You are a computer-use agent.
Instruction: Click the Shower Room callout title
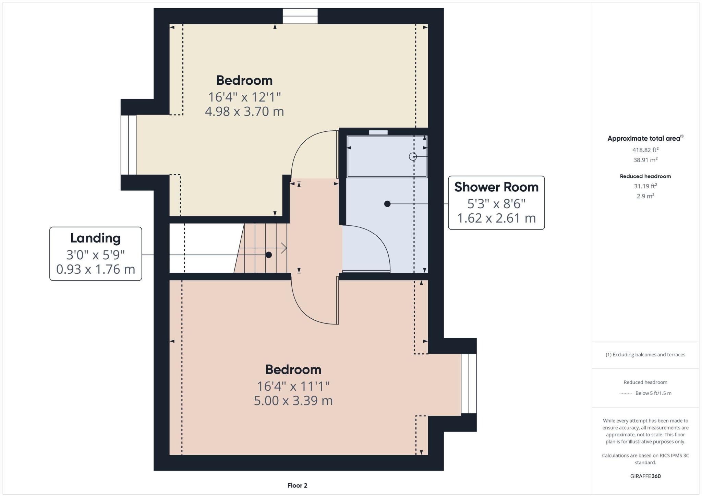pyautogui.click(x=496, y=187)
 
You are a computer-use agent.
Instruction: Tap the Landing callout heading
pyautogui.click(x=95, y=238)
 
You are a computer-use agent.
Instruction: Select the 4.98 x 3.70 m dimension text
pyautogui.click(x=244, y=112)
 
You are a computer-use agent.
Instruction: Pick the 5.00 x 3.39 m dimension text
pyautogui.click(x=293, y=401)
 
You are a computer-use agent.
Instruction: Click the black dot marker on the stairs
pyautogui.click(x=269, y=255)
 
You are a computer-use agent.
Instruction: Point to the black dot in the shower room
pyautogui.click(x=387, y=204)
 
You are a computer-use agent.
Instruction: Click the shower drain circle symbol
pyautogui.click(x=413, y=157)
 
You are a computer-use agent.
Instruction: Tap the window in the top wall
pyautogui.click(x=300, y=16)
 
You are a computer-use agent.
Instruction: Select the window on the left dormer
pyautogui.click(x=129, y=145)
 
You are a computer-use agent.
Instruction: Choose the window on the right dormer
pyautogui.click(x=469, y=383)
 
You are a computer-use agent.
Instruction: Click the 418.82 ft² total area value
pyautogui.click(x=645, y=150)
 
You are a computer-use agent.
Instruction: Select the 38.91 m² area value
pyautogui.click(x=645, y=160)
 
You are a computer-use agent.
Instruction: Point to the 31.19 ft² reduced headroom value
pyautogui.click(x=645, y=186)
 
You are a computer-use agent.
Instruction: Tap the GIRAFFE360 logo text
pyautogui.click(x=645, y=476)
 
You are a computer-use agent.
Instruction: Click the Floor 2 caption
pyautogui.click(x=297, y=485)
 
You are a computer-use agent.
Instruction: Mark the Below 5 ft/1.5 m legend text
pyautogui.click(x=653, y=393)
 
